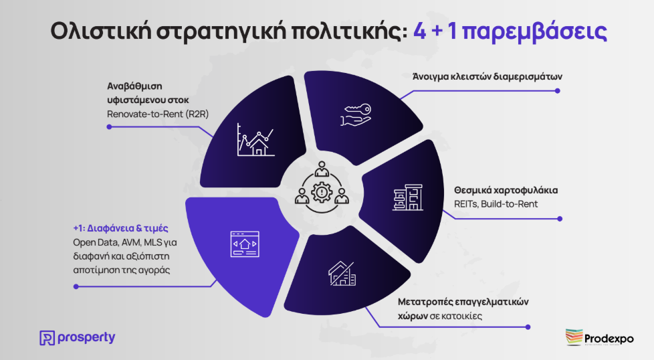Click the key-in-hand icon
coord(356,115)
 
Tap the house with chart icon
coord(255,140)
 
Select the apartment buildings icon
coord(407,197)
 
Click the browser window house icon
coord(245,244)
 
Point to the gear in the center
coord(322,192)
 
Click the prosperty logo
coord(77,337)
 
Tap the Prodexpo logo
coord(599,337)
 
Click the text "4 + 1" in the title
coord(435,31)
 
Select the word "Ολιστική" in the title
coord(100,31)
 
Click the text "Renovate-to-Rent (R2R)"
coord(158,114)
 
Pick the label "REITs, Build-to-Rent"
coord(496,204)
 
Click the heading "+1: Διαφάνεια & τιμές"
coord(120,228)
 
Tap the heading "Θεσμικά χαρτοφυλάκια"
coord(506,190)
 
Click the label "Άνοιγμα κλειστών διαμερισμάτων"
coord(487,77)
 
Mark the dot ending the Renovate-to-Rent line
coord(109,127)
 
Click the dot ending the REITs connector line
coord(560,219)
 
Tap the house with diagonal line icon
coord(342,274)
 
